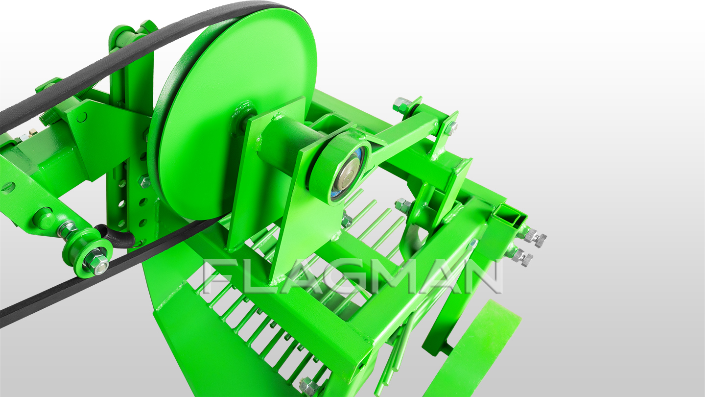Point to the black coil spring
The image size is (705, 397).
click(115, 237)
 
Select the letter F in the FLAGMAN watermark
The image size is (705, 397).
click(217, 276)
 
